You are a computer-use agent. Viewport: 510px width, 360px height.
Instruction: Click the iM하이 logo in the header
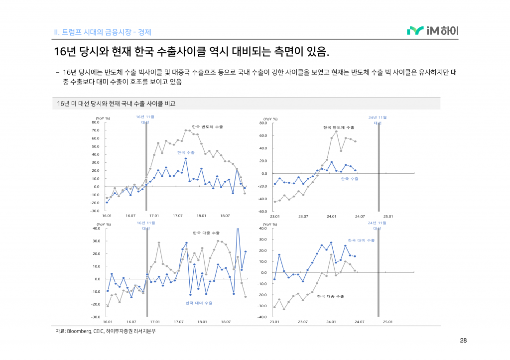432,31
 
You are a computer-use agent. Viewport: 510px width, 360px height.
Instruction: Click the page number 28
463,341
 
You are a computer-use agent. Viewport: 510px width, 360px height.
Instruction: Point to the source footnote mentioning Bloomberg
105,331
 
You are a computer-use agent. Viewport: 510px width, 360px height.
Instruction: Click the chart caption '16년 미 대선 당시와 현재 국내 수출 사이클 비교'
116,104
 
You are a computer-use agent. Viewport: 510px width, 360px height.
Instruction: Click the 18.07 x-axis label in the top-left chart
225,216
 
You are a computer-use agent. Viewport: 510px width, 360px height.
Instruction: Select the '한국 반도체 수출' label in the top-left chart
207,127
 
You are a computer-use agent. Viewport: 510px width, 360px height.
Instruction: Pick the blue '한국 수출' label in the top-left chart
186,152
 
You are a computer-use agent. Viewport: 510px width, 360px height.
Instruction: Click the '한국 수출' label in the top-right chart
350,178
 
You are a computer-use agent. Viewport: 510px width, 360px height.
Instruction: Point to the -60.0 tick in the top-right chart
263,212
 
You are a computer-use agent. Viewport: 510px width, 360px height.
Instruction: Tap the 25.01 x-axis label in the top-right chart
388,216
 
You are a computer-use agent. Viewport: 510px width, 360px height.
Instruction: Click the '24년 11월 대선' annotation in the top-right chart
378,120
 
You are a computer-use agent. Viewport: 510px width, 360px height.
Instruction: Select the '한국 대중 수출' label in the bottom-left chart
206,233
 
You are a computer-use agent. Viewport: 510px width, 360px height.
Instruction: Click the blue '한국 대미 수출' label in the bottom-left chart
199,303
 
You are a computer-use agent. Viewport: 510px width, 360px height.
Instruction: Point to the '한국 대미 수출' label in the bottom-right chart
361,240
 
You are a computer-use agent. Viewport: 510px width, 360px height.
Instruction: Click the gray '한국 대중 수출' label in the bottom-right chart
330,296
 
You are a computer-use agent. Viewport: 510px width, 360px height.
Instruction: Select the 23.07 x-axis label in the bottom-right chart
303,322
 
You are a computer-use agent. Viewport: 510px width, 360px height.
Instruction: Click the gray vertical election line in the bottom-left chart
146,271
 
